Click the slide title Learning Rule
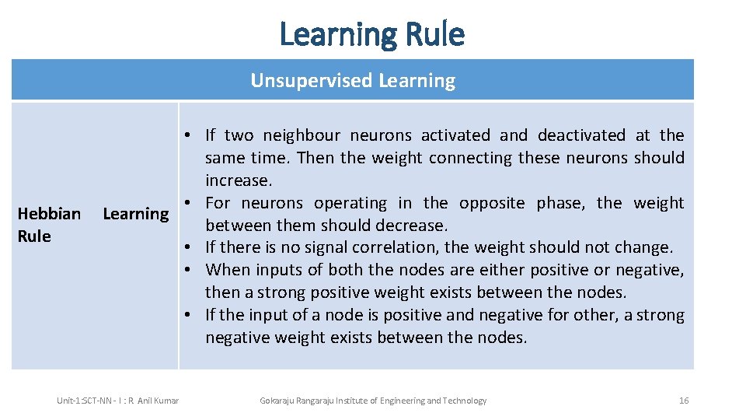[371, 34]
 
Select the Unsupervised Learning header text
[353, 80]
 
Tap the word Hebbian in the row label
[49, 213]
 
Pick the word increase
[238, 180]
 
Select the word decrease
[413, 226]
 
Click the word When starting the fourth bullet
[225, 270]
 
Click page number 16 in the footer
[684, 401]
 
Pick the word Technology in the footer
[465, 401]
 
